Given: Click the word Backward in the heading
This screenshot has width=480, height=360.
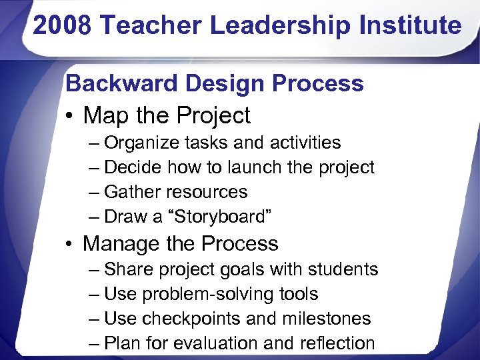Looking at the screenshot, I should [x=122, y=84].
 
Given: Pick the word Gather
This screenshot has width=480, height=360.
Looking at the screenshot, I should [x=132, y=192].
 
